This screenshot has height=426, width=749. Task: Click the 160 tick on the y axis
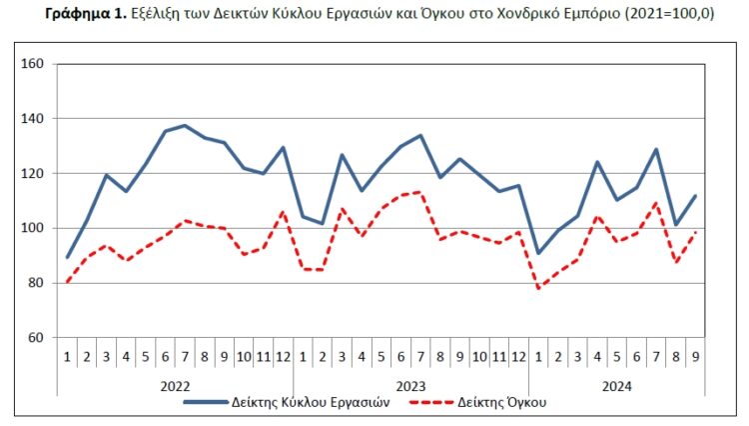33,64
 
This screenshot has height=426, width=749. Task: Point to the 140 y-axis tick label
33,119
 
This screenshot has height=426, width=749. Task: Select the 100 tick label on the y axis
33,228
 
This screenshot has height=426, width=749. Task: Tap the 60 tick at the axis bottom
36,337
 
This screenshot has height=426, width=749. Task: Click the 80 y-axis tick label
36,283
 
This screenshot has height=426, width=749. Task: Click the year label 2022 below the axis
175,384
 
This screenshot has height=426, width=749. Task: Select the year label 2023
410,384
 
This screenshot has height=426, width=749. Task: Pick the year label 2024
616,384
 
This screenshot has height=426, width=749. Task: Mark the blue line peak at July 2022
185,125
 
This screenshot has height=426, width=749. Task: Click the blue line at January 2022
67,257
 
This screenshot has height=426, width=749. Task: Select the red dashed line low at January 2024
539,288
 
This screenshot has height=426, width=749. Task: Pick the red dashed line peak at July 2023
420,192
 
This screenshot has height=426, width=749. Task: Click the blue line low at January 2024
539,253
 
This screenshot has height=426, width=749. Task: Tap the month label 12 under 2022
283,355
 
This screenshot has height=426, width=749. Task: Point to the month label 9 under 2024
696,355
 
